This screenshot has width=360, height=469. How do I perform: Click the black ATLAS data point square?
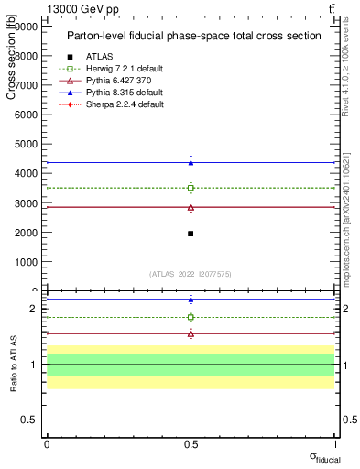click(191, 234)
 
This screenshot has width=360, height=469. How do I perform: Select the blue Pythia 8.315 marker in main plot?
click(191, 163)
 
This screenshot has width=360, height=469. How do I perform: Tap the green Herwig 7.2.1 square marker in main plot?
click(191, 188)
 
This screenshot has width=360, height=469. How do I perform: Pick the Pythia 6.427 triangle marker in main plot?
click(191, 207)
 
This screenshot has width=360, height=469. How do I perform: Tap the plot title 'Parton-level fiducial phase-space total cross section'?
click(193, 37)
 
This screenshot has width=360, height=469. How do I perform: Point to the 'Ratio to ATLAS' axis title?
click(13, 364)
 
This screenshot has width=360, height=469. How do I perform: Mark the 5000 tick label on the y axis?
click(24, 144)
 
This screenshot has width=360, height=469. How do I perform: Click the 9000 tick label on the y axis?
click(24, 27)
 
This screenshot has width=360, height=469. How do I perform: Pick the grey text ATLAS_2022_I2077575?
click(191, 274)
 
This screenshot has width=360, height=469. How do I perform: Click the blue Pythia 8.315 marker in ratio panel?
click(191, 300)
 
